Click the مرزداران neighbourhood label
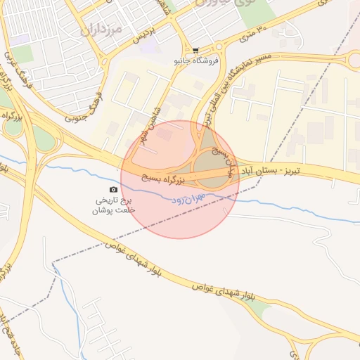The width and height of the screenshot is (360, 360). coord(102,30)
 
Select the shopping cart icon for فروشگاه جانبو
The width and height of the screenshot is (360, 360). coord(195,51)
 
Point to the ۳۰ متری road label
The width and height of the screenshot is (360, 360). coord(253,30)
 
